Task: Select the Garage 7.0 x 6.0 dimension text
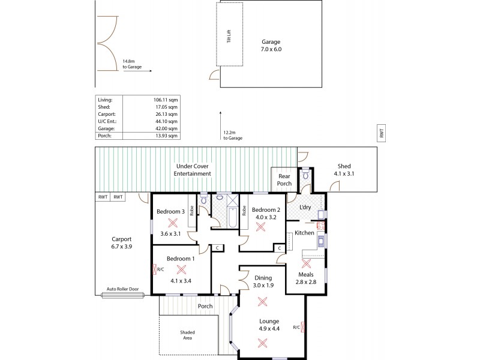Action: [271, 50]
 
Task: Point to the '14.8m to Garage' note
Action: [132, 64]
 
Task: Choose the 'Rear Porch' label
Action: [284, 180]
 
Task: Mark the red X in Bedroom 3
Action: [173, 222]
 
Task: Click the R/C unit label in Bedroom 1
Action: [160, 269]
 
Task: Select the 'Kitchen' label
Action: [304, 232]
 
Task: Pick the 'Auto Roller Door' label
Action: [122, 289]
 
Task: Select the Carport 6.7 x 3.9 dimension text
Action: [122, 245]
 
